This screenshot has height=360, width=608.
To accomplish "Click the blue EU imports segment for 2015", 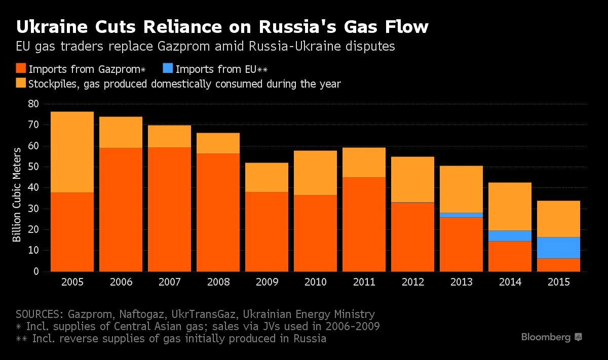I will [x=558, y=248].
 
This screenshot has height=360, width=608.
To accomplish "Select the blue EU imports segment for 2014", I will [x=510, y=236].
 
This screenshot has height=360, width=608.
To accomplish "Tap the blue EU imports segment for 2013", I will [x=461, y=215].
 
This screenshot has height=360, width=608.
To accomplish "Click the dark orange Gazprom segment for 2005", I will [x=72, y=232].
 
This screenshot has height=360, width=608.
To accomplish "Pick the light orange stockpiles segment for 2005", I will [x=72, y=152].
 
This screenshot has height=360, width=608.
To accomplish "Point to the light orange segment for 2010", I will [x=315, y=173].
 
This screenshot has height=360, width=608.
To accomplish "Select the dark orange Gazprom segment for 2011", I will [x=364, y=224].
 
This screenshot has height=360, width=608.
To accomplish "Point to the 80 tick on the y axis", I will [x=33, y=104].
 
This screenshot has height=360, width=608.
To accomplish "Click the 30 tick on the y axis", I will [x=33, y=209].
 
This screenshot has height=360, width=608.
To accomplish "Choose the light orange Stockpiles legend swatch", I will [x=21, y=84].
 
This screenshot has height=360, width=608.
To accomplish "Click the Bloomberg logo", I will [x=551, y=337].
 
